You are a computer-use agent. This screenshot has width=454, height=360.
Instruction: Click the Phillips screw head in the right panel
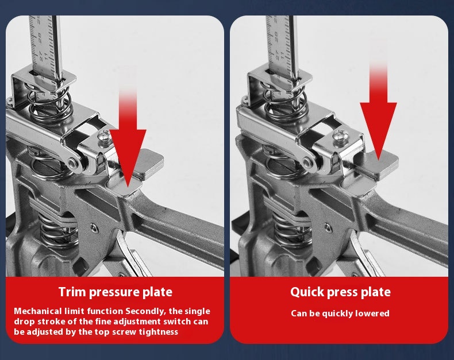339,136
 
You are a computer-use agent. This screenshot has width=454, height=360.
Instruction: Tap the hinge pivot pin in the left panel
72,162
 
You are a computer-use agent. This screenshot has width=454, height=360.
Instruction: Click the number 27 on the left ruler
41,56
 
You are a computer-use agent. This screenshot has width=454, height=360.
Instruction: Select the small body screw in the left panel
93,229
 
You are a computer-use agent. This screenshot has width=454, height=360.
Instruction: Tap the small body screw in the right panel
328,228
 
